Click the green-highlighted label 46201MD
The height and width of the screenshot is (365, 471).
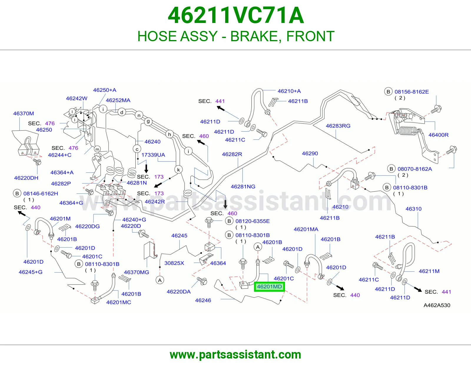pos(269,286)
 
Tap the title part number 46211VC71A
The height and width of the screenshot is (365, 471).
pos(236,15)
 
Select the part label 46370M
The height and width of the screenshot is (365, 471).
pos(24,113)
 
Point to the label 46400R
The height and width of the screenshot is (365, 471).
pos(438,135)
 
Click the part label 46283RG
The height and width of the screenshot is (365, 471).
pos(338,126)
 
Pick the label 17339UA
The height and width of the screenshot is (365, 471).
pos(153,155)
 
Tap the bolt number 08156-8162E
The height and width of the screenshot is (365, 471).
pos(412,92)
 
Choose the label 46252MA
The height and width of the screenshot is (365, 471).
pos(118,100)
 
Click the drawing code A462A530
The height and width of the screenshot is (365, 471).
pos(437,305)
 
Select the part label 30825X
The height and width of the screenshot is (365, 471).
pos(174,263)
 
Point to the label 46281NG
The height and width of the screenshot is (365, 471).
pos(243,186)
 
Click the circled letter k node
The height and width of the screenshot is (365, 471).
pos(178,170)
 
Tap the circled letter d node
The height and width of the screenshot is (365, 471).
pos(122,112)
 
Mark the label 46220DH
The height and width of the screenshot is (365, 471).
pos(26,178)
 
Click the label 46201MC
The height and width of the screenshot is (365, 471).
pos(119,302)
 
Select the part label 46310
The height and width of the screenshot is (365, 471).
pos(413,209)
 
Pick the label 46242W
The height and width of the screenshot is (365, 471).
pos(77,98)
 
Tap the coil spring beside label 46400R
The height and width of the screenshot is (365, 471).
pos(408,131)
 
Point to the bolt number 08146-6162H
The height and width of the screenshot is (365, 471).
pos(41,193)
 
